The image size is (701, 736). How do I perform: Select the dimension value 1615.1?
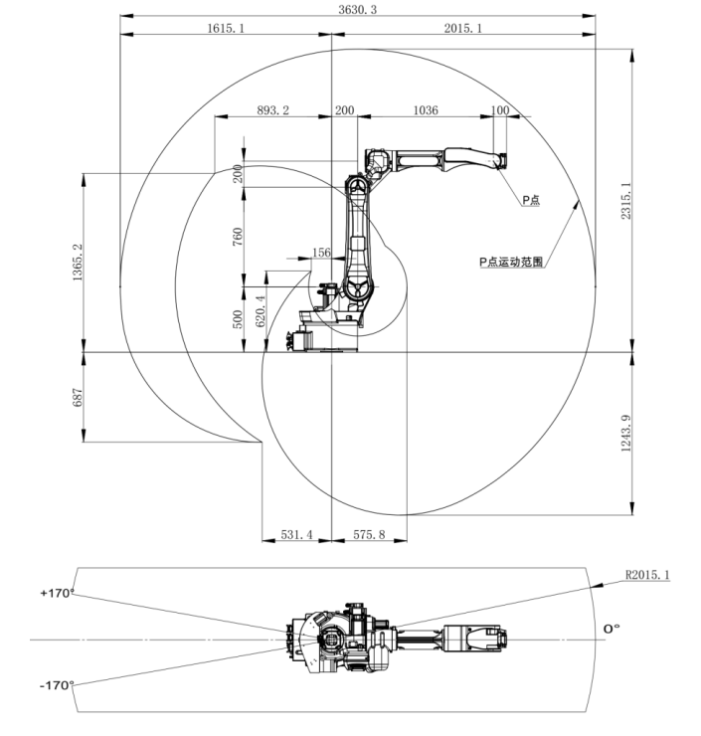[x=226, y=29]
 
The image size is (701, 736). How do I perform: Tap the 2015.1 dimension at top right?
[x=462, y=29]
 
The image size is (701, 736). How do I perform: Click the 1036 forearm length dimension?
[x=425, y=110]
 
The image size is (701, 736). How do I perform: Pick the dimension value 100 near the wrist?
[x=500, y=110]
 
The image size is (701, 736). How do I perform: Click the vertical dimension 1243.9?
[x=625, y=435]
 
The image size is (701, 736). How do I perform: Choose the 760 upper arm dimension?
[x=238, y=239]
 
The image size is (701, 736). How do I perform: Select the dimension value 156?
[x=321, y=253]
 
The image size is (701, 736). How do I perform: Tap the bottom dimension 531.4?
[x=295, y=535]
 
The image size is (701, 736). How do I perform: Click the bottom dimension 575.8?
[x=369, y=535]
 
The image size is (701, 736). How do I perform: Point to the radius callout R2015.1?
[x=648, y=575]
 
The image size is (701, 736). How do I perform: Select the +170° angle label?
[x=57, y=593]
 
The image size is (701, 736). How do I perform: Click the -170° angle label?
[x=57, y=685]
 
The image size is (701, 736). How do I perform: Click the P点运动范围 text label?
[x=510, y=263]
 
